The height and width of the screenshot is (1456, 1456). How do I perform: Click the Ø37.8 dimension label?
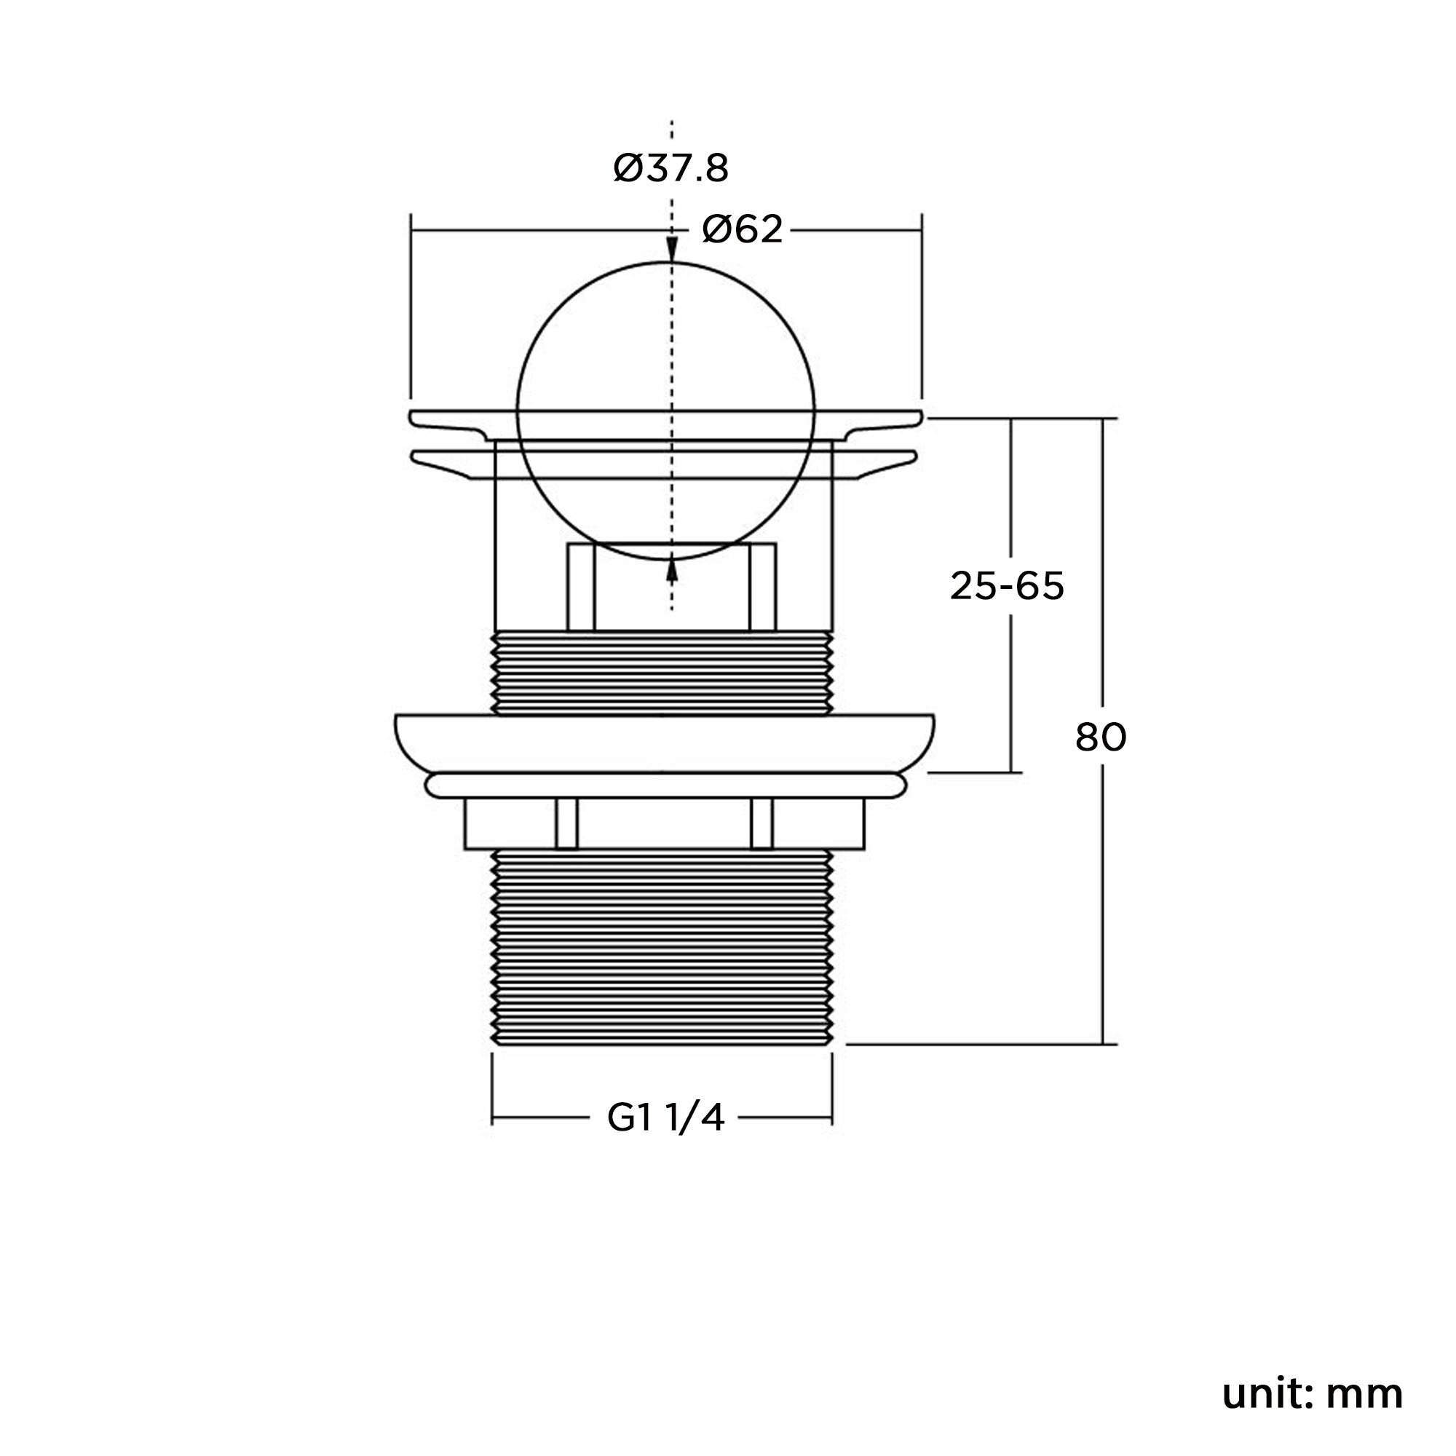[x=670, y=169]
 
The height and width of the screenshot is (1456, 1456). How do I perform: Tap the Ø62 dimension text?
[x=743, y=229]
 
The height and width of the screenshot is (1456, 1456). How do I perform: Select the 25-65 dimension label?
[x=1007, y=585]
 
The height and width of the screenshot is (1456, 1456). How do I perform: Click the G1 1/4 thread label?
[x=666, y=1118]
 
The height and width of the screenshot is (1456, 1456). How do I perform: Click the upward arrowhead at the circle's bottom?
[x=671, y=572]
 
